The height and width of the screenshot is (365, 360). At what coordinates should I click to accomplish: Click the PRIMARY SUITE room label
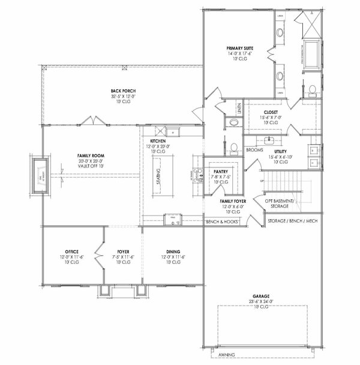239,47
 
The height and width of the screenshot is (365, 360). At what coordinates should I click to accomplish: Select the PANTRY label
220,171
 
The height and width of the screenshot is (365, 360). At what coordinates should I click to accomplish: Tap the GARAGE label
260,296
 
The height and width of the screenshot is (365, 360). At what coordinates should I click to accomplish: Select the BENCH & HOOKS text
222,222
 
